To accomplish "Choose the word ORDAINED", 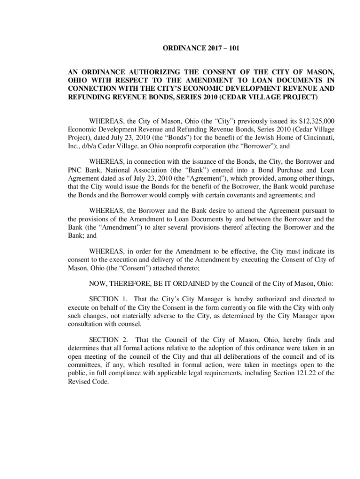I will click(x=187, y=283).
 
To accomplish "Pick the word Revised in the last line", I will click(x=79, y=382).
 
